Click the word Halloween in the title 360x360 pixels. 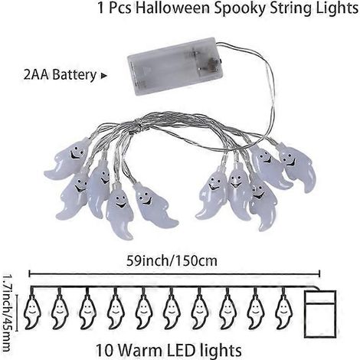[172, 8]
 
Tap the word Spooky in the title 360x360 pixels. [238, 9]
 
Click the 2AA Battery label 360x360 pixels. [60, 75]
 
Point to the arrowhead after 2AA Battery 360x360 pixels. [104, 76]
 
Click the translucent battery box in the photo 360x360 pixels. [175, 65]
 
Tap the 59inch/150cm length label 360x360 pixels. [172, 261]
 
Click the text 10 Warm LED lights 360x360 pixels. [169, 350]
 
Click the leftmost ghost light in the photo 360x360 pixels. [67, 159]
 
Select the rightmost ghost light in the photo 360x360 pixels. [298, 166]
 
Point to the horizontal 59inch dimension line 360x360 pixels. [175, 274]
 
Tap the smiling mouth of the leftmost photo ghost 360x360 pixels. [74, 155]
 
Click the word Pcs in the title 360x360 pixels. [120, 8]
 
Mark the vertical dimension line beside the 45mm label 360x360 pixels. [17, 312]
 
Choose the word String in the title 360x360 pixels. [289, 9]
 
